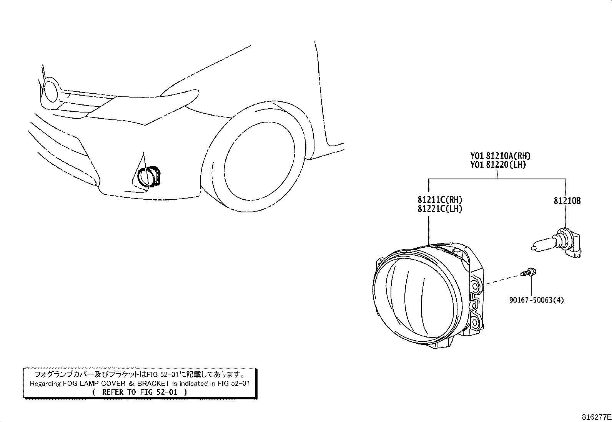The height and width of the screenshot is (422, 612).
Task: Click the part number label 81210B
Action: click(567, 201)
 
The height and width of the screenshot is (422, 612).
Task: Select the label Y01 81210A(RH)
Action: click(500, 156)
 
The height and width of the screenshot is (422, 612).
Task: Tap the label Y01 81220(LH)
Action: click(498, 165)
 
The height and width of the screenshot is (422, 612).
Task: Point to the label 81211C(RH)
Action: click(440, 200)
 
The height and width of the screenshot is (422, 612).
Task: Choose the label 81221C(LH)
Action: click(440, 209)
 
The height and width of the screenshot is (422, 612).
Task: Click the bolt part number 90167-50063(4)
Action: click(536, 300)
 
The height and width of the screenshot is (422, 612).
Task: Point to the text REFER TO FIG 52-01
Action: click(140, 392)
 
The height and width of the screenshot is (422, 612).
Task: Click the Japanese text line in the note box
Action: click(140, 374)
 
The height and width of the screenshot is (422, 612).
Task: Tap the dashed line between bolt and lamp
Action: click(502, 280)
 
